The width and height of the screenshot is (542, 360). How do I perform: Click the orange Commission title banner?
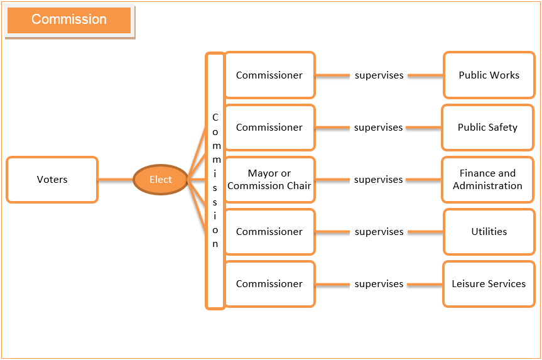tap(69, 20)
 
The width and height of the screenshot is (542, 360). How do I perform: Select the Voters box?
tap(52, 180)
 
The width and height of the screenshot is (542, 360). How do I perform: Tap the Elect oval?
tap(161, 180)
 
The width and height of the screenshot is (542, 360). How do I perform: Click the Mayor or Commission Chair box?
tap(269, 180)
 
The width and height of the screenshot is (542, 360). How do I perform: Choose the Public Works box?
tap(489, 75)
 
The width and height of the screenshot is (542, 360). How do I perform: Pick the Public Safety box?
tap(488, 128)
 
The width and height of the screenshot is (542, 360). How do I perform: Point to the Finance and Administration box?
tap(488, 180)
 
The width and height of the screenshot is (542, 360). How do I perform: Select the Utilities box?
tap(489, 232)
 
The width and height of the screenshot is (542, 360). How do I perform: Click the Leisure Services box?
tap(489, 284)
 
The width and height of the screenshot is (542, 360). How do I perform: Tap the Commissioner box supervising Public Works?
tap(269, 75)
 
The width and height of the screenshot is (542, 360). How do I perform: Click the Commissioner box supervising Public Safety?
tap(269, 128)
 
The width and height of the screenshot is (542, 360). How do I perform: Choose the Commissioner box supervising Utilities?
tap(269, 232)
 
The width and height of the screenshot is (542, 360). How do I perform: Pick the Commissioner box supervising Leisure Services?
tap(269, 284)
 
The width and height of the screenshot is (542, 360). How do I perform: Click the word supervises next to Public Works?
tap(379, 75)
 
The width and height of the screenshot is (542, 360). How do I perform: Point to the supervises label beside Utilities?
tap(379, 232)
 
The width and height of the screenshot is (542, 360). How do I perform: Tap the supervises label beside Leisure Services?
tap(379, 284)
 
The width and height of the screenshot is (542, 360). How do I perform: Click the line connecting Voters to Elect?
tap(116, 180)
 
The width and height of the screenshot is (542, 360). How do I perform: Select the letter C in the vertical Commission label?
tap(215, 117)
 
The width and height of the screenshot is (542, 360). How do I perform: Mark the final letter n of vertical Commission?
tap(215, 244)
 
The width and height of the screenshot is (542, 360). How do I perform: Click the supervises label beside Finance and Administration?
tap(379, 180)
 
